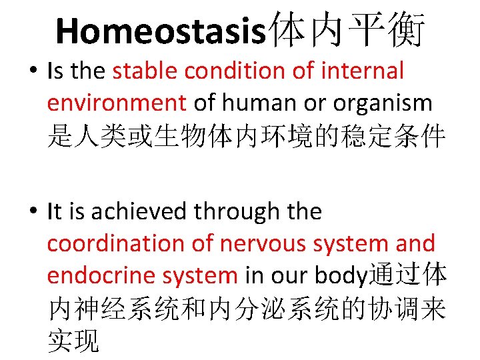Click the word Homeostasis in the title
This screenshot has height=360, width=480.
(x=160, y=31)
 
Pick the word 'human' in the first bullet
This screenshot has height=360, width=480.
(x=257, y=103)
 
